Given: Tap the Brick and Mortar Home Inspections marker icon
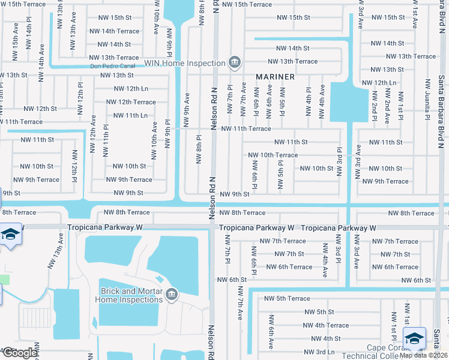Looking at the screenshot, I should click(x=172, y=293).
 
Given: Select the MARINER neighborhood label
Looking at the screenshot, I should click(x=275, y=77).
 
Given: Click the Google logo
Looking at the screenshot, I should click(x=19, y=353).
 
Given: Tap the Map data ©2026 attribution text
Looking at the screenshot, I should click(x=424, y=355).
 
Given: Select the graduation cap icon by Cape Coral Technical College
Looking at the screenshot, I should click(x=415, y=338).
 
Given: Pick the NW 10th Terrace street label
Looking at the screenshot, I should click(x=273, y=155).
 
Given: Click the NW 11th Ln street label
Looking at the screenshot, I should click(x=130, y=115).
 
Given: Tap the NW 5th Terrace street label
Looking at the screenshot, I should click(x=287, y=298).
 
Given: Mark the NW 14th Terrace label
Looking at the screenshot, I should click(x=114, y=31).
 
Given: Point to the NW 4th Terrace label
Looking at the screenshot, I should click(x=325, y=325).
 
